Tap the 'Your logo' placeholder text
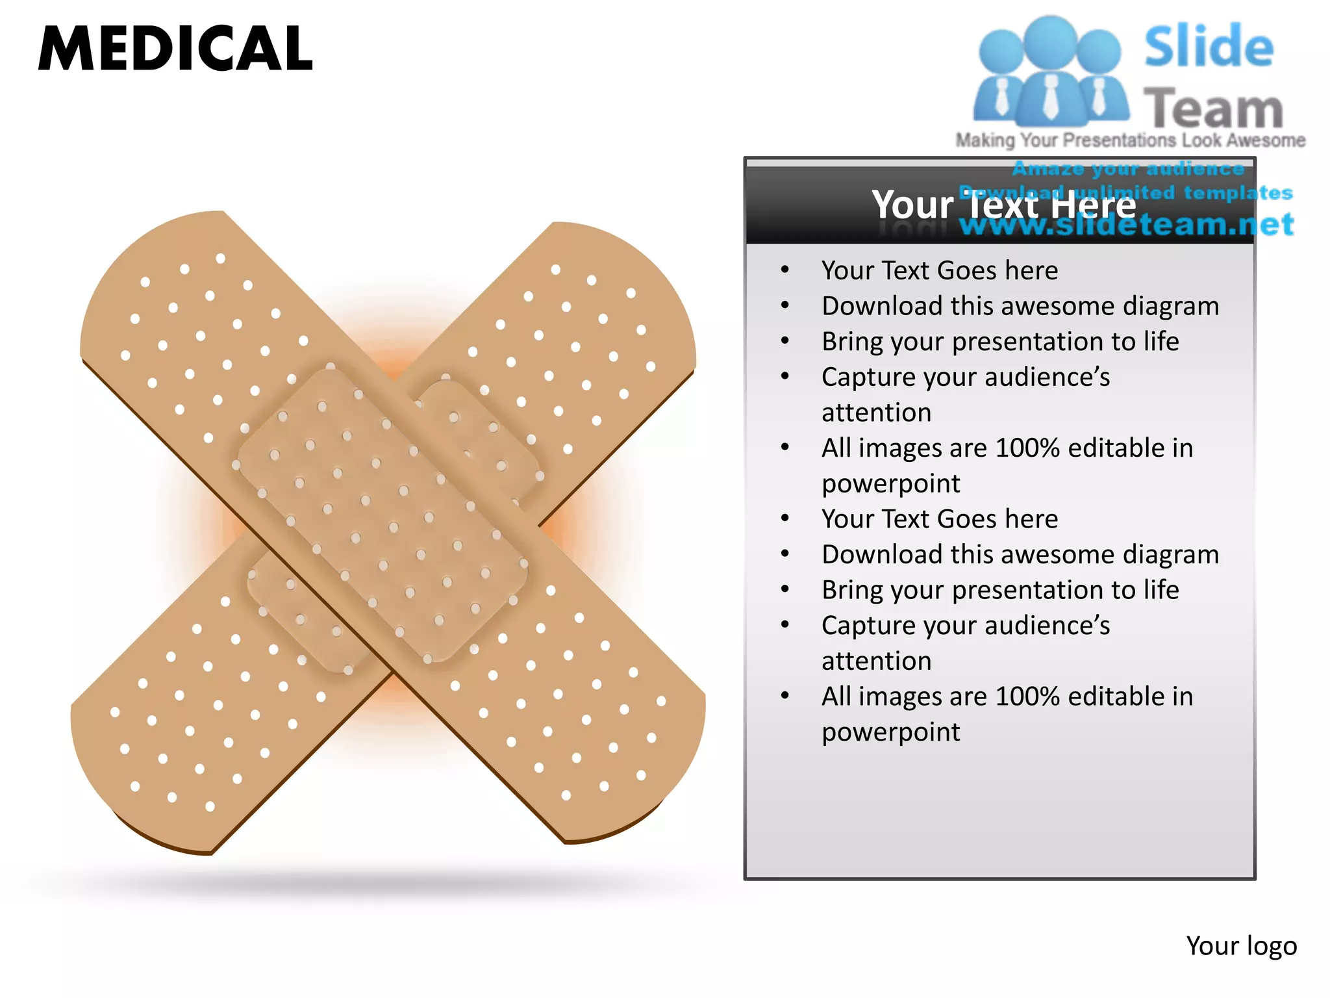coord(1241,946)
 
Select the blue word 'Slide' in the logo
coord(1209,47)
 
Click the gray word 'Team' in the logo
coord(1213,109)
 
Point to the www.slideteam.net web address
coord(1127,225)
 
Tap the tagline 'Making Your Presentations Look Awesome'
coord(1130,140)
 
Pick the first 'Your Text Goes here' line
coord(939,270)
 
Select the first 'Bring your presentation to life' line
coord(1000,341)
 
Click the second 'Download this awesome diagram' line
coord(1020,554)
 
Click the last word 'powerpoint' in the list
coord(890,732)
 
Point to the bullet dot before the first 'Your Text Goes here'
coord(785,270)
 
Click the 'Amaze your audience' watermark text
coord(1128,169)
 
